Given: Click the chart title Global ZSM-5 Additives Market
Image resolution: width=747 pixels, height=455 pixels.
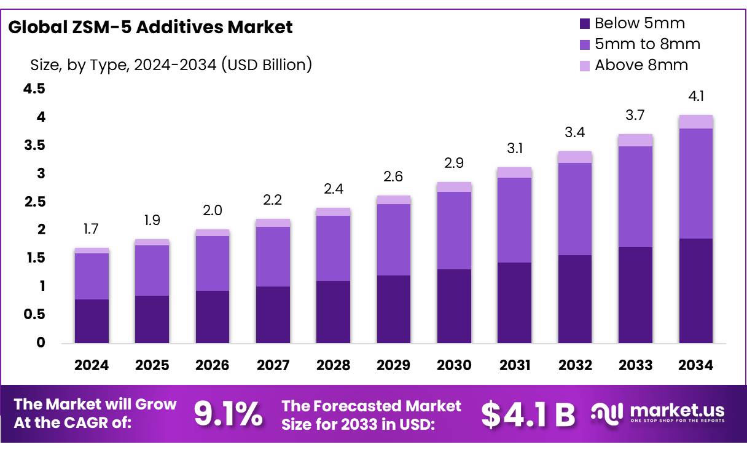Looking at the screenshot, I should pos(151,27).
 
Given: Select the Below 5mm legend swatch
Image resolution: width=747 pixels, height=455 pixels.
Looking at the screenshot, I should pos(585,24).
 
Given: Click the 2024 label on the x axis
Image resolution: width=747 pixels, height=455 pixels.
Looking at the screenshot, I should pos(92,365).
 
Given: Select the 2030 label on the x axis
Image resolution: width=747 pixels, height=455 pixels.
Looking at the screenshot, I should pos(454,365).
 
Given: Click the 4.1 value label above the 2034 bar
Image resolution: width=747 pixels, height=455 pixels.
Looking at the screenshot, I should pos(696,96).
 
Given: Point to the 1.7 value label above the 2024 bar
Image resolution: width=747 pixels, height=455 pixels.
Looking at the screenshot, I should pos(92,229).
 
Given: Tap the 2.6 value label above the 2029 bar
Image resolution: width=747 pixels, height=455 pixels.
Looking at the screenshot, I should pos(394,177).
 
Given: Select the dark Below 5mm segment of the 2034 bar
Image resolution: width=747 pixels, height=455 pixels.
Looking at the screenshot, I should pos(696,290).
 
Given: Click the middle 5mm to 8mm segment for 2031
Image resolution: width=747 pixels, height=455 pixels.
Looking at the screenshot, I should pos(514,220).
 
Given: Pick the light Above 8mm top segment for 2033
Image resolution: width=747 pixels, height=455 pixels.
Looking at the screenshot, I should pos(635,140).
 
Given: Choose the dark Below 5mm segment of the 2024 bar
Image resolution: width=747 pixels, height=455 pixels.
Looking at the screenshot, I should pos(92,321).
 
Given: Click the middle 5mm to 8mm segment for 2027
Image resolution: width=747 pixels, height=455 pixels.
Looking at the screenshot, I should pos(273,256).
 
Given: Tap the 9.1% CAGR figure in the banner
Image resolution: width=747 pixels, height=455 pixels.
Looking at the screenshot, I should pos(228,414).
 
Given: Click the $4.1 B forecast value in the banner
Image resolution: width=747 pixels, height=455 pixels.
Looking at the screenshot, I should pos(528,414).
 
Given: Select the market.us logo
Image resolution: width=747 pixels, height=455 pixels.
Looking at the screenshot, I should pos(657,413).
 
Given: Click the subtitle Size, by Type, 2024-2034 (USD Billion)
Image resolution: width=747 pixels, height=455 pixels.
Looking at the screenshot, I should pos(171,64).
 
